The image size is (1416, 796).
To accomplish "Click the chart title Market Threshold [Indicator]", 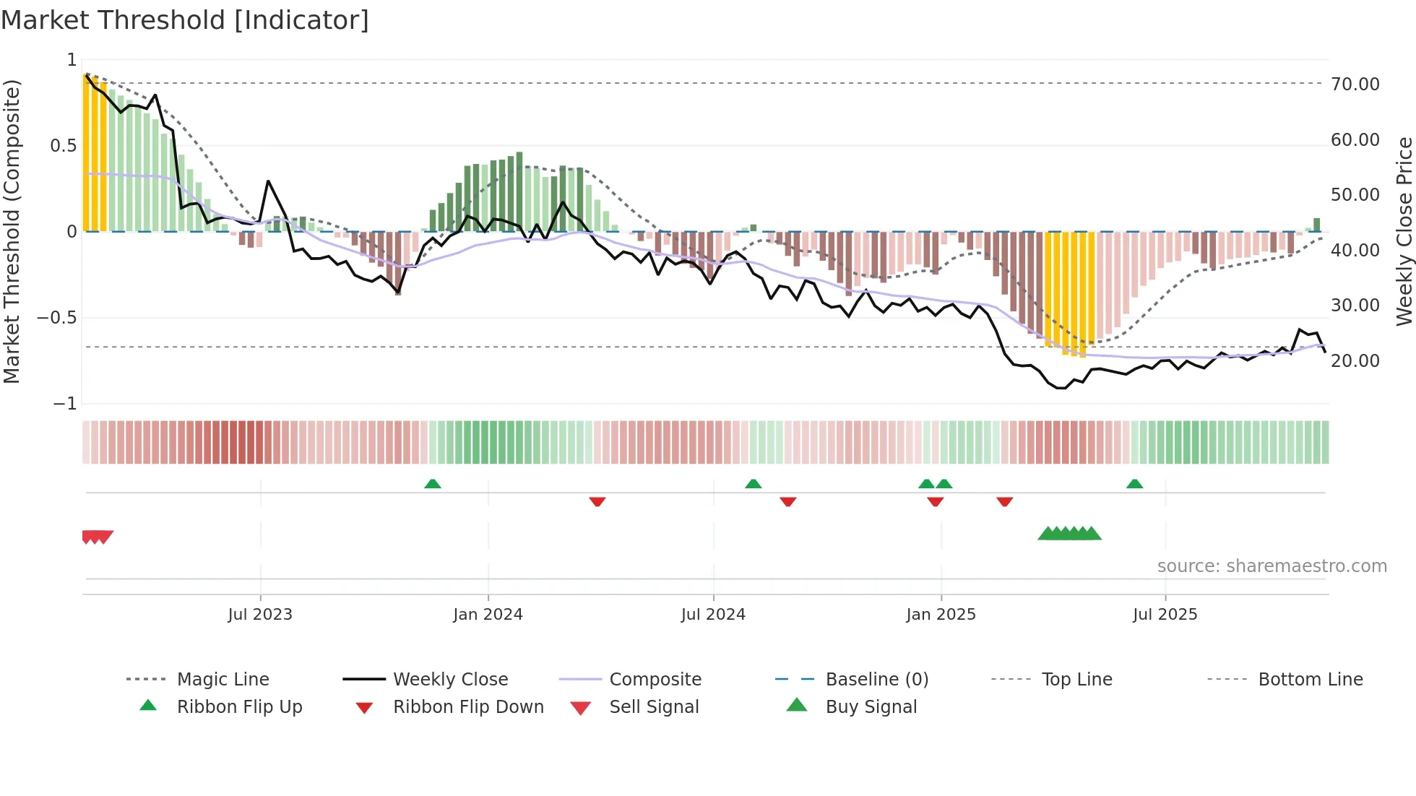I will tap(185, 20).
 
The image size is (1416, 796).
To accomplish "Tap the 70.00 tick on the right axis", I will tap(1355, 85).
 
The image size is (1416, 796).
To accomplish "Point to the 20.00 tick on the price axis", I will tap(1355, 361).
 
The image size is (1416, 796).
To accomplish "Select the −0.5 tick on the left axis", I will tap(57, 318).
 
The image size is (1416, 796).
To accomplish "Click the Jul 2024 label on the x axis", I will tap(712, 615).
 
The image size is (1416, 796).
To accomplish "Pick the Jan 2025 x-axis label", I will tap(940, 615).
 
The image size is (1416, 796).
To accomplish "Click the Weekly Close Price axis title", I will tap(1404, 231).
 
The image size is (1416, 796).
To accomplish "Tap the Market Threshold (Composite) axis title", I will tap(12, 231).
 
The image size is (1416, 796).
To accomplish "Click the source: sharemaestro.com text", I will tap(1272, 566).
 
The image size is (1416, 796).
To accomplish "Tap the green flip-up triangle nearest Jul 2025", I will tap(1134, 484).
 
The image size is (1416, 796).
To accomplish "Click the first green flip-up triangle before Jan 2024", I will tap(432, 484).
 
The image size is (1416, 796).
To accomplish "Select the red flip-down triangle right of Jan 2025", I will tap(1004, 501).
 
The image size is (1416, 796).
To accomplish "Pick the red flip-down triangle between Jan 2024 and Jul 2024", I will tap(597, 501).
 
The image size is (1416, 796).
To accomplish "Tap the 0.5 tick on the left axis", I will tap(63, 146).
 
